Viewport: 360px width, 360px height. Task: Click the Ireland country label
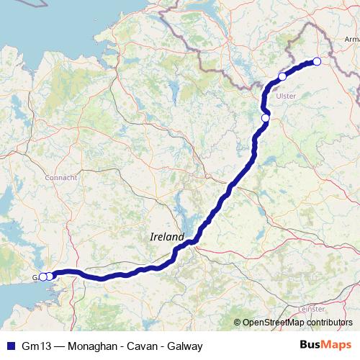pos(166,237)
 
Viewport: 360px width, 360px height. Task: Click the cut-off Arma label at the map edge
pos(351,39)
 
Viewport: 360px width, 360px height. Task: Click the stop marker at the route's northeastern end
pos(316,61)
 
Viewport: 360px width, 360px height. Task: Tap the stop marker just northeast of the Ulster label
pos(282,76)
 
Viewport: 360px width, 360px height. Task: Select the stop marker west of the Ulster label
pos(265,117)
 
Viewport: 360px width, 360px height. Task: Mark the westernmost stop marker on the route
pos(42,276)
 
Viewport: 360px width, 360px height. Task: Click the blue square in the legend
pos(9,346)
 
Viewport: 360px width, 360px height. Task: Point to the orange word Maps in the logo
pos(337,345)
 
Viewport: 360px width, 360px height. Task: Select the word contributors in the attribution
pos(327,323)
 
